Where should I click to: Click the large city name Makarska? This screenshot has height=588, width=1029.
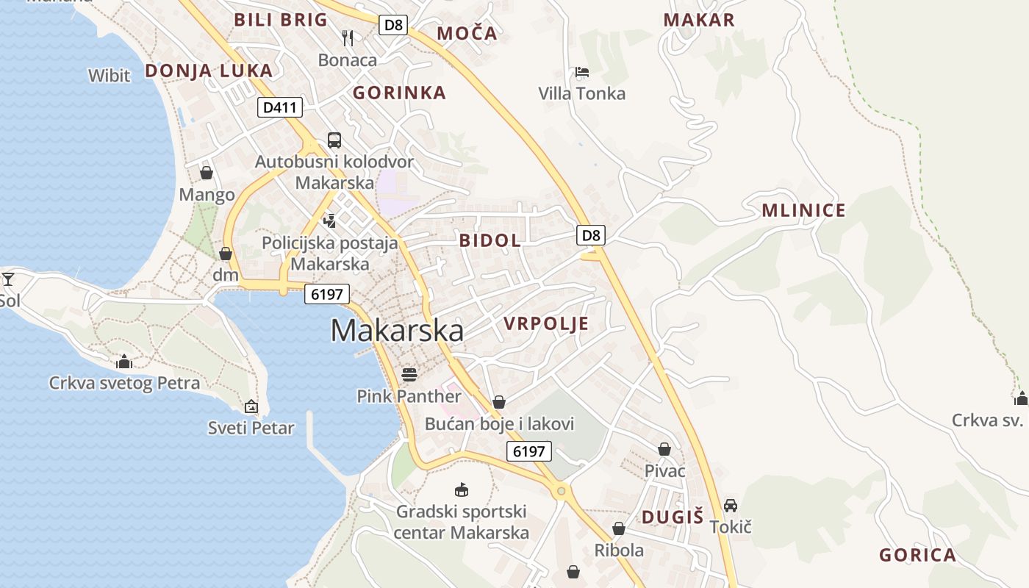397,331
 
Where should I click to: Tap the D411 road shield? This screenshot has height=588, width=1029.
281,107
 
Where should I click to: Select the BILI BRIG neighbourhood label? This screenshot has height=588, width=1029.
280,20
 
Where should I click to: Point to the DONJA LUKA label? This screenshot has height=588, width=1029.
209,71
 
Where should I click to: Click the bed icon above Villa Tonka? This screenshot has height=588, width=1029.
581,72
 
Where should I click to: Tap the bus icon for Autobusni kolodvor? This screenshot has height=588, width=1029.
334,140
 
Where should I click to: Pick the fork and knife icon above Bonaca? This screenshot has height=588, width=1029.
348,37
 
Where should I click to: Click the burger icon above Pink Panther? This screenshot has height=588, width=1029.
409,375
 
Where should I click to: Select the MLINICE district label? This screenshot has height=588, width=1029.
803,211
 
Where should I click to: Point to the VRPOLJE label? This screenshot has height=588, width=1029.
546,323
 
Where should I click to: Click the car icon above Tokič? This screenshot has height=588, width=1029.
731,506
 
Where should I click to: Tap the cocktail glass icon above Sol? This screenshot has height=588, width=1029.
8,279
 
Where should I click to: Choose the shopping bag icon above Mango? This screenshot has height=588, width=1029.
207,173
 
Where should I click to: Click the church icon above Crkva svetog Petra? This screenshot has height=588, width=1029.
124,362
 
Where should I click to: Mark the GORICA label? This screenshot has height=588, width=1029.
918,555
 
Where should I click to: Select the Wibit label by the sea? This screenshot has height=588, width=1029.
109,75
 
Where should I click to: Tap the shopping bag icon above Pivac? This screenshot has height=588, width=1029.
664,449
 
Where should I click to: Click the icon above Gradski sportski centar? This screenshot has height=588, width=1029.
462,490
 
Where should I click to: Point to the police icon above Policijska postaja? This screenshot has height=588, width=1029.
330,220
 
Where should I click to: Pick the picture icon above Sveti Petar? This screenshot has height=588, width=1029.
251,406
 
